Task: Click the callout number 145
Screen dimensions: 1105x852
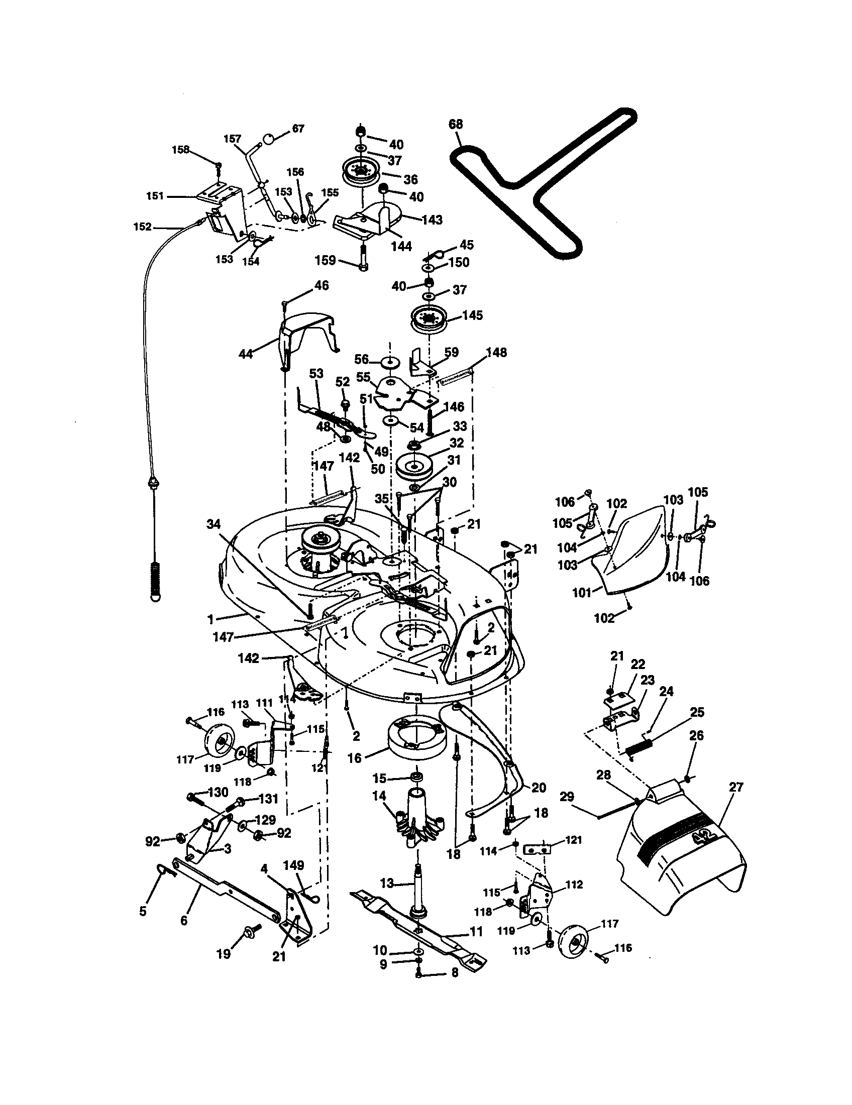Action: (x=473, y=315)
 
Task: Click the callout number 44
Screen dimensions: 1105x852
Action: (x=245, y=354)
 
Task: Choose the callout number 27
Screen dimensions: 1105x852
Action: (x=735, y=787)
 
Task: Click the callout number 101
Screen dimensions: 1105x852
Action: (x=582, y=592)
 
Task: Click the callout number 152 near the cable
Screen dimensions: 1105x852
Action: (x=142, y=227)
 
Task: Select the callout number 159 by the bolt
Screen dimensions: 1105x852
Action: (x=326, y=260)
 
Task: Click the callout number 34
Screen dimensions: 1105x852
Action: (x=214, y=525)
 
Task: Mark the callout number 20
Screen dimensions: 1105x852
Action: (x=540, y=787)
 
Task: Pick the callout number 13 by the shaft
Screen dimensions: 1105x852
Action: (x=387, y=883)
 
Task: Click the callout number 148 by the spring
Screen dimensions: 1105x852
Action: (x=496, y=352)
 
